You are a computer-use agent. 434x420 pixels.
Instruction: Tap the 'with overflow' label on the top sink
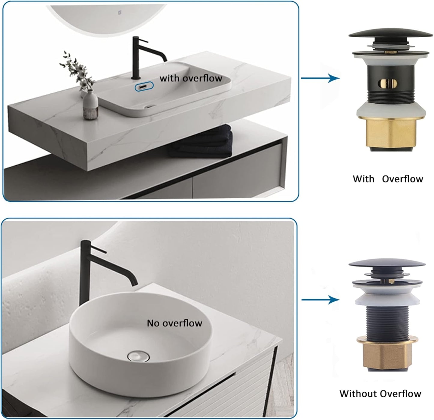(191, 78)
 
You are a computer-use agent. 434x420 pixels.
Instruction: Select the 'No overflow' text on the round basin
(175, 323)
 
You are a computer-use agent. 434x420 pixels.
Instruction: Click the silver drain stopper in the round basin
(138, 356)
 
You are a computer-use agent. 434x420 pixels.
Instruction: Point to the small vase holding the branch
(90, 104)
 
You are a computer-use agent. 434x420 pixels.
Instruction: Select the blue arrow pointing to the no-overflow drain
(320, 300)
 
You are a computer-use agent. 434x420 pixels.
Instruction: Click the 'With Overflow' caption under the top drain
(388, 179)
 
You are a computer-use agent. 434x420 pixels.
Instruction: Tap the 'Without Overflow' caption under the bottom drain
(380, 394)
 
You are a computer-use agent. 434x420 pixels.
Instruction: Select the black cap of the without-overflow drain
(387, 264)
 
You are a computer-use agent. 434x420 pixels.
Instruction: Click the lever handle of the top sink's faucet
(142, 41)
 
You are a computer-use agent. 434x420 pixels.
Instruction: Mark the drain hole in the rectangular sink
(149, 107)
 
